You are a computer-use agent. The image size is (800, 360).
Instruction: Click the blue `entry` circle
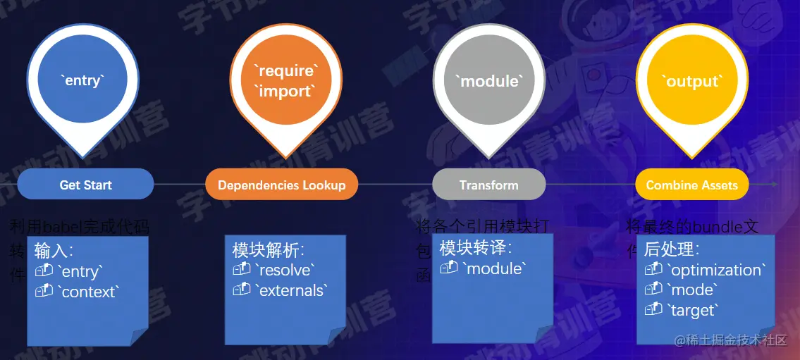pyautogui.click(x=83, y=80)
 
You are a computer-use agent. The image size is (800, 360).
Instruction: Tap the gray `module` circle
pyautogui.click(x=489, y=81)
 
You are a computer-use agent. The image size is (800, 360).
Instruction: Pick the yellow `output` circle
pyautogui.click(x=691, y=81)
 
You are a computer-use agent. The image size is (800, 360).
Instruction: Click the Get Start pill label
pyautogui.click(x=85, y=185)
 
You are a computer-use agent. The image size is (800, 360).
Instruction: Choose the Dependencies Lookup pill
pyautogui.click(x=281, y=185)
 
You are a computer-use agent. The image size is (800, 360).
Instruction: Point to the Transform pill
pyautogui.click(x=488, y=185)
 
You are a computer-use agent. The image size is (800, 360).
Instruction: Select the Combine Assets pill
pyautogui.click(x=691, y=185)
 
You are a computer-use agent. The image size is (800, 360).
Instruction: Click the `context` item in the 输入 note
pyautogui.click(x=89, y=292)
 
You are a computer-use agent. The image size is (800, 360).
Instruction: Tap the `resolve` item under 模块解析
pyautogui.click(x=284, y=270)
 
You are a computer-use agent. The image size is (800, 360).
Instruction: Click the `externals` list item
pyautogui.click(x=291, y=290)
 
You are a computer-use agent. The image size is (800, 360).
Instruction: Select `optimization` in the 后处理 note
pyautogui.click(x=715, y=270)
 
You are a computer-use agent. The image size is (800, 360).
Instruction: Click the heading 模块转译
pyautogui.click(x=475, y=248)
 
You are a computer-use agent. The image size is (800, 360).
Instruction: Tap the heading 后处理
pyautogui.click(x=672, y=249)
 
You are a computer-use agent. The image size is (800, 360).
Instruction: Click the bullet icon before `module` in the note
pyautogui.click(x=449, y=268)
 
